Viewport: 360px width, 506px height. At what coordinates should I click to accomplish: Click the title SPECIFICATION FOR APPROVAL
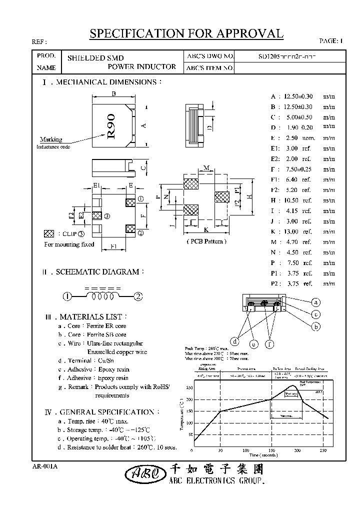(186, 33)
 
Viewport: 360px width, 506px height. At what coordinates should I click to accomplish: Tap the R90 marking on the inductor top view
(111, 126)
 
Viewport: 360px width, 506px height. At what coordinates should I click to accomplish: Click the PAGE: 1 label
(331, 40)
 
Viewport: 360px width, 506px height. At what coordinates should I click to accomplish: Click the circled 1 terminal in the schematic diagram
(66, 296)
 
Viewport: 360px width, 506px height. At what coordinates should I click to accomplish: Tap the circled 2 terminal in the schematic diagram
(138, 296)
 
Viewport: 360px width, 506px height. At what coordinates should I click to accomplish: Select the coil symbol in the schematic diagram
(102, 296)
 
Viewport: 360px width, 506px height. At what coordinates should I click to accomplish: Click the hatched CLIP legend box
(49, 234)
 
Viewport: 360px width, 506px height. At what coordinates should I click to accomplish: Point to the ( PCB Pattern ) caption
(206, 241)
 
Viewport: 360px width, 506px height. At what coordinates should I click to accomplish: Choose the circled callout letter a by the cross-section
(315, 302)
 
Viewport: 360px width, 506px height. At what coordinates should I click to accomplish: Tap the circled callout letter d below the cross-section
(234, 341)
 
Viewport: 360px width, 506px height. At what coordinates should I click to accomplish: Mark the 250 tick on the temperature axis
(189, 387)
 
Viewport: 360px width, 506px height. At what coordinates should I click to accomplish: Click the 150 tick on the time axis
(271, 450)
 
